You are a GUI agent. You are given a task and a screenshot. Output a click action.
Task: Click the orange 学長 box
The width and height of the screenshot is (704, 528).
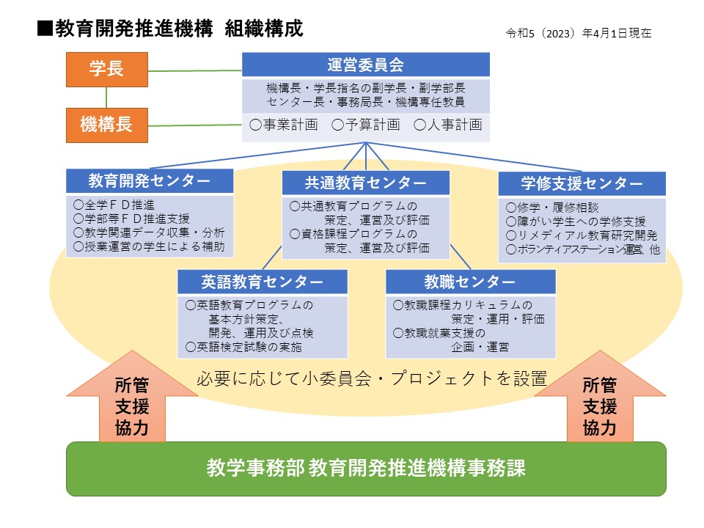107,70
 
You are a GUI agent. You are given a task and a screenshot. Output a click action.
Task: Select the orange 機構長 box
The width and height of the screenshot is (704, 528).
107,125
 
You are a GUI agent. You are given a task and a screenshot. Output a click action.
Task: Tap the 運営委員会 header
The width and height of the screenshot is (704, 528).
365,65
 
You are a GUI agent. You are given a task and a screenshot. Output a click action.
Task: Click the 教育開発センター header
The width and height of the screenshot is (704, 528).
150,180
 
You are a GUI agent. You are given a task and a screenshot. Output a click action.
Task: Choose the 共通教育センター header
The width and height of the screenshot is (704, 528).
365,183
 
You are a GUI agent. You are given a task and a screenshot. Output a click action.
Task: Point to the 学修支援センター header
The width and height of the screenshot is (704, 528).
582,183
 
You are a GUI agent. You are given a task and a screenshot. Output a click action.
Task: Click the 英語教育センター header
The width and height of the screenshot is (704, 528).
263,282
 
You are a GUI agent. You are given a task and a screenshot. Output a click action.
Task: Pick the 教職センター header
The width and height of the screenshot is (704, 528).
471,282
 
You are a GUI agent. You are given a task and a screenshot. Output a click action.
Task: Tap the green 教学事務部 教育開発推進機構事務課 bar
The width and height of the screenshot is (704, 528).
366,469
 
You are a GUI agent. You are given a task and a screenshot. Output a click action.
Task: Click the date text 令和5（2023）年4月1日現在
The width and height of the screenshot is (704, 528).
579,33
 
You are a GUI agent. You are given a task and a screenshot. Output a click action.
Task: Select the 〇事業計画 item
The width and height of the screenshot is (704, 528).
284,125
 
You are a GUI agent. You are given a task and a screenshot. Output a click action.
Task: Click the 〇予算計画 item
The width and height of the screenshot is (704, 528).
366,125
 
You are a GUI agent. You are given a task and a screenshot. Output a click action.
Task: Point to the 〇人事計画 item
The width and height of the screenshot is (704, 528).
448,125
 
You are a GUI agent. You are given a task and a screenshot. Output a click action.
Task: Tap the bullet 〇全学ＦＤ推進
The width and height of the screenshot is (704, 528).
114,205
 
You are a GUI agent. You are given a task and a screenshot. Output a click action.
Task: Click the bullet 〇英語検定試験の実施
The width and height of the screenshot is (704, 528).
243,347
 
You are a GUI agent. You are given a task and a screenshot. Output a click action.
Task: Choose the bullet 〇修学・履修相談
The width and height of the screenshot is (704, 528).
553,208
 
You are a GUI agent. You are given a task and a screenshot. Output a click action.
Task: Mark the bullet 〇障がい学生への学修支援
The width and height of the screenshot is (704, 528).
576,221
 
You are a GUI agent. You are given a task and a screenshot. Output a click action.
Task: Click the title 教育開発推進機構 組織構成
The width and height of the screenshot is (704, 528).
171,29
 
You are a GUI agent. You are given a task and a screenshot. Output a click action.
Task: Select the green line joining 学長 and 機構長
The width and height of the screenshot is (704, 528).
106,98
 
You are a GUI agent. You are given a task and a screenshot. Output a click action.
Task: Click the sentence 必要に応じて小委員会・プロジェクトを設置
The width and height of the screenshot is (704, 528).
372,378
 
